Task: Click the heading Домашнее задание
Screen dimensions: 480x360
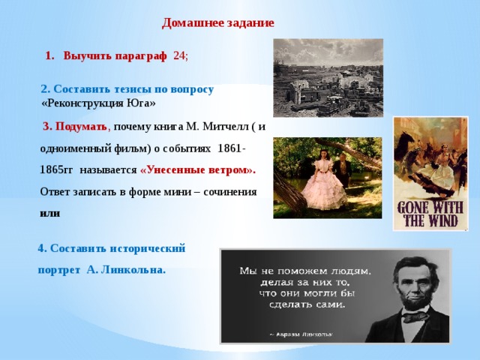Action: pos(218,23)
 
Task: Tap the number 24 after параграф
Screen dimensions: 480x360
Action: pos(179,56)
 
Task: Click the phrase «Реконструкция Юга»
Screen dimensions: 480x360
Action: pos(98,103)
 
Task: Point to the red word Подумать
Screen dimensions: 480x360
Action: pos(81,127)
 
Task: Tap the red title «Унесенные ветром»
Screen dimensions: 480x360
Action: pos(198,170)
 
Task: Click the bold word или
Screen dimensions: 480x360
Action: pos(50,213)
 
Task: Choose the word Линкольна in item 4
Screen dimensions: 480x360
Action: pos(133,270)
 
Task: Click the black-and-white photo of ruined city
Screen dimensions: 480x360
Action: pos(328,78)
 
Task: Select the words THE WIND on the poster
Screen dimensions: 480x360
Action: pos(431,220)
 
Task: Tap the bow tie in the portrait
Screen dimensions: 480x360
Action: pos(415,316)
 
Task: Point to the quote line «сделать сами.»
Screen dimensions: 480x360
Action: pos(307,304)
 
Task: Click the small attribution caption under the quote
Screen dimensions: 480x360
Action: pos(301,334)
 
